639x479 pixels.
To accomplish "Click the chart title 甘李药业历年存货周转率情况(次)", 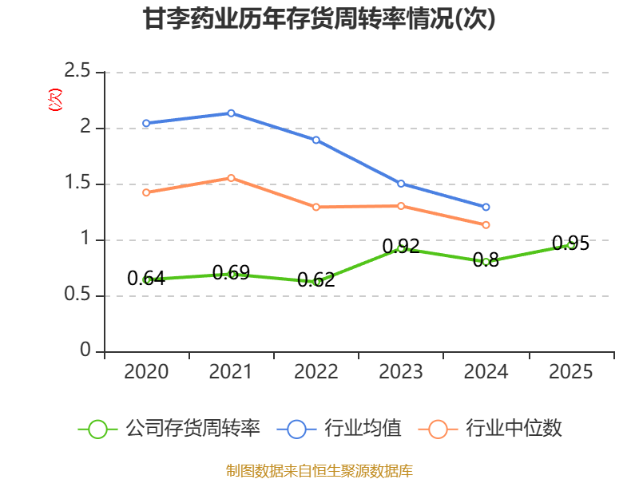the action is [319, 18].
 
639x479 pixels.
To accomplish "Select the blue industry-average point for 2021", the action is [231, 113].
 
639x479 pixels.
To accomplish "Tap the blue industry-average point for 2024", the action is [486, 207].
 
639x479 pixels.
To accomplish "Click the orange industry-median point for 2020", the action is [146, 192].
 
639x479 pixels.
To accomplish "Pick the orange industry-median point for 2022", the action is [316, 207].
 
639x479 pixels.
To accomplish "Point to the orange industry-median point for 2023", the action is [401, 206].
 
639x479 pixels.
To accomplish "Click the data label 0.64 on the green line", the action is [146, 279].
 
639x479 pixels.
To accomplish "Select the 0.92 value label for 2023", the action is [401, 246].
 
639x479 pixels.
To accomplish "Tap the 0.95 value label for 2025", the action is [570, 243].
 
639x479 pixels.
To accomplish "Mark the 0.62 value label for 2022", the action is [316, 280].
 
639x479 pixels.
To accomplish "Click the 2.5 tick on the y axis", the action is [77, 70].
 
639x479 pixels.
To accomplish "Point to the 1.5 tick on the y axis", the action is [77, 182].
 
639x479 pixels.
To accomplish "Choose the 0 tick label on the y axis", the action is [85, 350].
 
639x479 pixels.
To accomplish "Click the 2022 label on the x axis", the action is [316, 371].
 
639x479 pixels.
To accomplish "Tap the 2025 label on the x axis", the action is [570, 371].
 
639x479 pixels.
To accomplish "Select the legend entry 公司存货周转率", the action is [169, 429].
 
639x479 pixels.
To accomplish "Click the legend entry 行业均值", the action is [339, 429].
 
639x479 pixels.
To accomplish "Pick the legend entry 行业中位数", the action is [490, 429].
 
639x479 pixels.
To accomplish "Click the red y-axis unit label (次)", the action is [55, 100].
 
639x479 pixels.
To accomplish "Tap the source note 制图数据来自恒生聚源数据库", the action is [319, 471].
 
